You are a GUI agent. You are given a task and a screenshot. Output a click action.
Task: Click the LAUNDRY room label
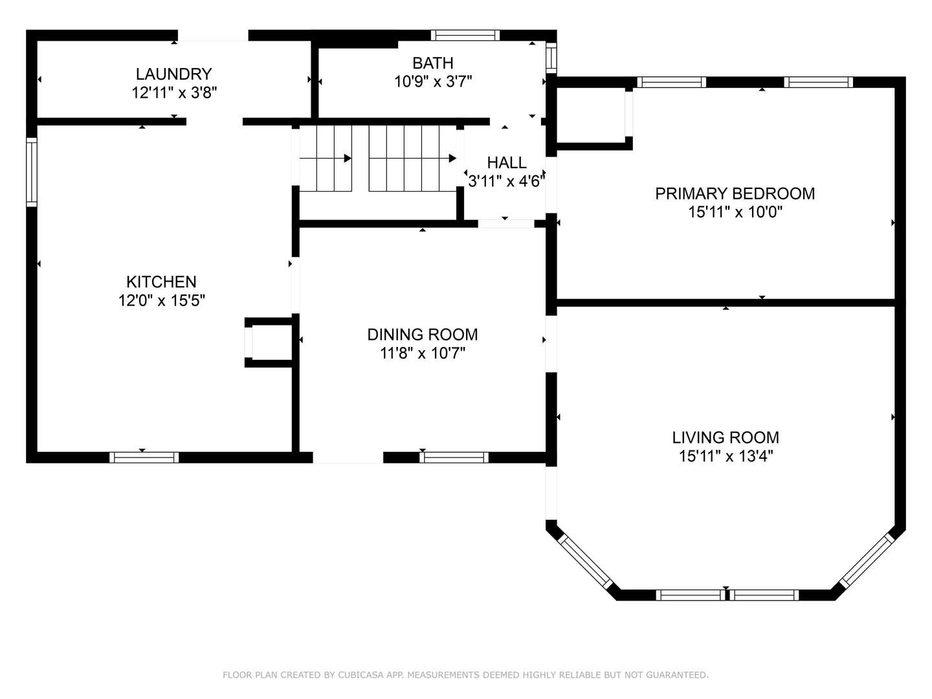pos(173,74)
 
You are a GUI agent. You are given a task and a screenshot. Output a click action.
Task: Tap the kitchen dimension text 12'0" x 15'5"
pos(161,300)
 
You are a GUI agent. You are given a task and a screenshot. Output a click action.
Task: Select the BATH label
pos(433,63)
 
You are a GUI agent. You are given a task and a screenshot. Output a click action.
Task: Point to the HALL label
pos(507,162)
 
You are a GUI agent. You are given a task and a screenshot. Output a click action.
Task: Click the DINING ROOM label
pos(423,335)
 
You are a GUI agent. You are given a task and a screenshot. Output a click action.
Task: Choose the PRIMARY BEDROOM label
pos(735,194)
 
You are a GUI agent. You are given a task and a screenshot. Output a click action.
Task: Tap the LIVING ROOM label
pos(726,438)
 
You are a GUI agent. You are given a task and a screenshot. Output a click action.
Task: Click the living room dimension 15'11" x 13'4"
pos(726,456)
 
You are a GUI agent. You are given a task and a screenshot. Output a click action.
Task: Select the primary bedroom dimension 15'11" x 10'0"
pos(735,212)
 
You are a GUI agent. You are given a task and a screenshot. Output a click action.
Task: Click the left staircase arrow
pos(347,158)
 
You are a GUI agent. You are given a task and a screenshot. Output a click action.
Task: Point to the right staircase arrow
pos(452,158)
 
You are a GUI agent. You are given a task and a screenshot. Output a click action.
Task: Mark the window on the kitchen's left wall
pos(31,172)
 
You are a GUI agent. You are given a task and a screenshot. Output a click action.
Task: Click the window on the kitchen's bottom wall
pos(144,458)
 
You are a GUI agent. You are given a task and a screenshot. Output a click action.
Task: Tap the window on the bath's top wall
pos(465,36)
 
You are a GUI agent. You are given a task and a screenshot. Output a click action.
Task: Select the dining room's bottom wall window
pos(454,458)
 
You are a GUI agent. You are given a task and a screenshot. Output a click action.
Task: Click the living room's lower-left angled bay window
pos(585,560)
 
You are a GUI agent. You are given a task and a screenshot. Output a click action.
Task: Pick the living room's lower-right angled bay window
pos(866,560)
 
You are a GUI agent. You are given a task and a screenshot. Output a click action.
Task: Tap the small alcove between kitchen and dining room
pos(271,342)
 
